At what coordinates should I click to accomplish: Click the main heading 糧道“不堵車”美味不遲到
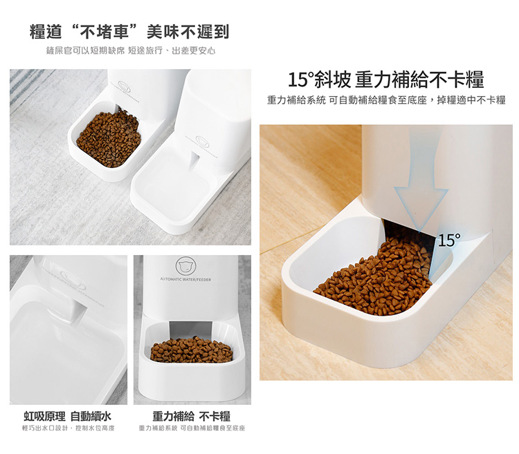[x=129, y=32]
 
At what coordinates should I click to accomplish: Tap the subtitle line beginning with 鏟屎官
[x=131, y=50]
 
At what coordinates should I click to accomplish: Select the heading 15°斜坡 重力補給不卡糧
[x=386, y=79]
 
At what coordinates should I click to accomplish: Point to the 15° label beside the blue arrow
[x=449, y=240]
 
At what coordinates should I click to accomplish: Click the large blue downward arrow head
[x=421, y=208]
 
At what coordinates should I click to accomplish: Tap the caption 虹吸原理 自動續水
[x=68, y=416]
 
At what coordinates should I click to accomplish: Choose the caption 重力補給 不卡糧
[x=191, y=416]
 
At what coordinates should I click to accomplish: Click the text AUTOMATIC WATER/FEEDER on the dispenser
[x=185, y=280]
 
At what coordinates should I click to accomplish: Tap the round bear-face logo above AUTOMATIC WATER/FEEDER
[x=185, y=265]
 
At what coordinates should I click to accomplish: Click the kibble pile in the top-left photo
[x=109, y=139]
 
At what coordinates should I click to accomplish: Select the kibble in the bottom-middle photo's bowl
[x=192, y=350]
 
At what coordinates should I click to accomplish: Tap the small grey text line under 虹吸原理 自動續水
[x=69, y=428]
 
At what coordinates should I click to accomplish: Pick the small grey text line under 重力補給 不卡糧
[x=192, y=428]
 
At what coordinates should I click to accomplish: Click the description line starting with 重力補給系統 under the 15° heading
[x=386, y=100]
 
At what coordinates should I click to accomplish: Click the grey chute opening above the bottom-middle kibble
[x=190, y=330]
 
